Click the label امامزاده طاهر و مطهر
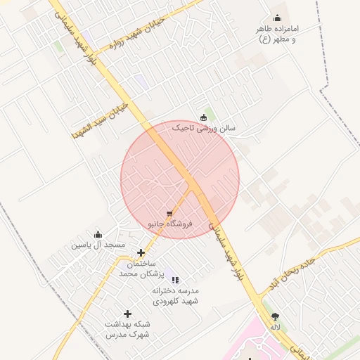(280, 34)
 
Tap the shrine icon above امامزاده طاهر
(277, 18)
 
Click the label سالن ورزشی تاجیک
(205, 129)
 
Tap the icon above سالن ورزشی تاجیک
(204, 117)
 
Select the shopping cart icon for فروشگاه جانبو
(169, 213)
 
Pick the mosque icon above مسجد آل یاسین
(98, 234)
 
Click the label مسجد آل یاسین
(98, 245)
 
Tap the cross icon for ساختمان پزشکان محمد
(141, 252)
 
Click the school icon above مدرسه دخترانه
(175, 280)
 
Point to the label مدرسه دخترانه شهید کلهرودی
(177, 295)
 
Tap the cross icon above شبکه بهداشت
(127, 314)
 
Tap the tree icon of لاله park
(274, 316)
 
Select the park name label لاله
(274, 326)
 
